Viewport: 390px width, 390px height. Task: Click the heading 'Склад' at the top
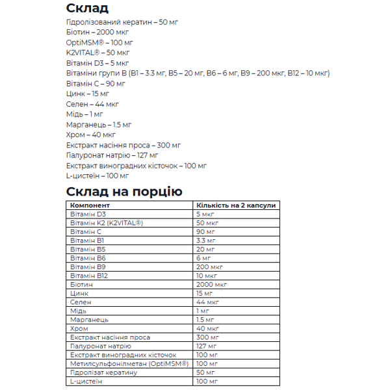pyautogui.click(x=88, y=8)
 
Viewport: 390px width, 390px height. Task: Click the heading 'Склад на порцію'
pyautogui.click(x=124, y=191)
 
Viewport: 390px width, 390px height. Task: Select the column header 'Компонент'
pyautogui.click(x=90, y=205)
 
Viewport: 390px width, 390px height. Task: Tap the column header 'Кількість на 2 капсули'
pyautogui.click(x=236, y=205)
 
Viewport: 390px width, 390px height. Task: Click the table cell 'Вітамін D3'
pyautogui.click(x=88, y=214)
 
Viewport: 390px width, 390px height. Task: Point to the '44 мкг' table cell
pyautogui.click(x=207, y=302)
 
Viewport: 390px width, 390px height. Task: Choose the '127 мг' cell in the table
pyautogui.click(x=206, y=346)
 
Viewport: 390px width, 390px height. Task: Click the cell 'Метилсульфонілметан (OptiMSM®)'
pyautogui.click(x=129, y=364)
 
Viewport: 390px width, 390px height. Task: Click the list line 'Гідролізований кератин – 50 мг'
pyautogui.click(x=122, y=22)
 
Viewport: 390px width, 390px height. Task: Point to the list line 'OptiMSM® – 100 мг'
pyautogui.click(x=103, y=42)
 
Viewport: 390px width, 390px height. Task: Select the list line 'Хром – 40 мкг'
pyautogui.click(x=91, y=135)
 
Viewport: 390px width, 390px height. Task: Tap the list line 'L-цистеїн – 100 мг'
pyautogui.click(x=97, y=175)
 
